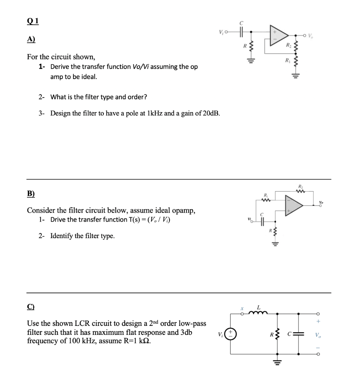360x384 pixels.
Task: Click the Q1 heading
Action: click(32, 21)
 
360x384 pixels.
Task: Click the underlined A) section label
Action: click(31, 39)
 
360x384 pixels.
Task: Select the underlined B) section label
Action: click(31, 194)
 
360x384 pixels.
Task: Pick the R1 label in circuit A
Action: click(288, 60)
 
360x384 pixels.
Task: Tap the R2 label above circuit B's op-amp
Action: click(300, 186)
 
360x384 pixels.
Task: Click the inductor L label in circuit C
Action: click(259, 307)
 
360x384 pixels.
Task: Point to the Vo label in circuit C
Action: click(318, 335)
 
